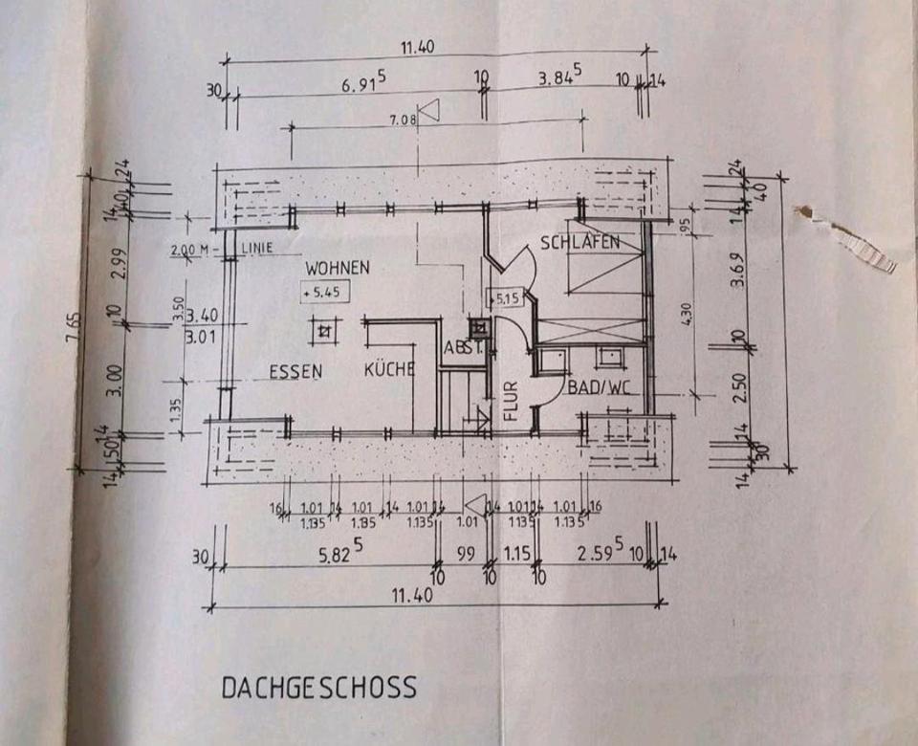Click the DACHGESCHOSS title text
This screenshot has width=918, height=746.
pos(319,687)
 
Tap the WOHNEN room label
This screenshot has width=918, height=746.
pos(337,267)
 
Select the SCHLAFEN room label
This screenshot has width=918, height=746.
pos(579,242)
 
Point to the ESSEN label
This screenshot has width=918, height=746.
pos(295,372)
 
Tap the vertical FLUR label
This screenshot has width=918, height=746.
pos(510,402)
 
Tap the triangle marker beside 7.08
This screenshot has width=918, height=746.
pos(429,112)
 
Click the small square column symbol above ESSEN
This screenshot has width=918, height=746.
pos(325,331)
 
